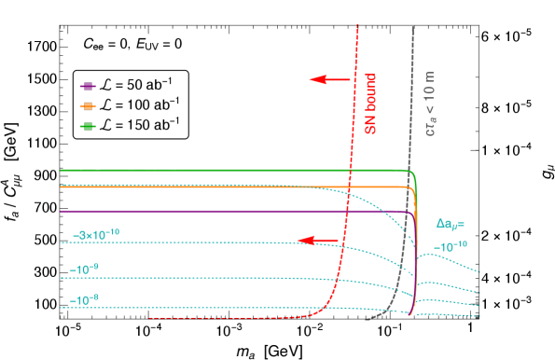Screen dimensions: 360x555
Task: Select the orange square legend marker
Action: click(x=88, y=105)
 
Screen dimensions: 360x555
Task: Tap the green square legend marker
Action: click(x=88, y=126)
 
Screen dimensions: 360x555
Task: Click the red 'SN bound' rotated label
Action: click(x=370, y=104)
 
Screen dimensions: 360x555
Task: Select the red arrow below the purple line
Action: click(x=318, y=241)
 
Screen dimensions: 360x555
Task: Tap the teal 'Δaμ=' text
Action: click(x=451, y=224)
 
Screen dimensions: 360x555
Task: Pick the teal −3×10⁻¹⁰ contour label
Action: click(x=96, y=233)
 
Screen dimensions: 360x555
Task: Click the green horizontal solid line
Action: click(x=233, y=171)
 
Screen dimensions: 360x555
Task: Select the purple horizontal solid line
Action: click(x=233, y=212)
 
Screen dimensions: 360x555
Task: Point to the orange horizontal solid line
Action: click(x=233, y=187)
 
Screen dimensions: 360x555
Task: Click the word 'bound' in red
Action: click(x=370, y=92)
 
